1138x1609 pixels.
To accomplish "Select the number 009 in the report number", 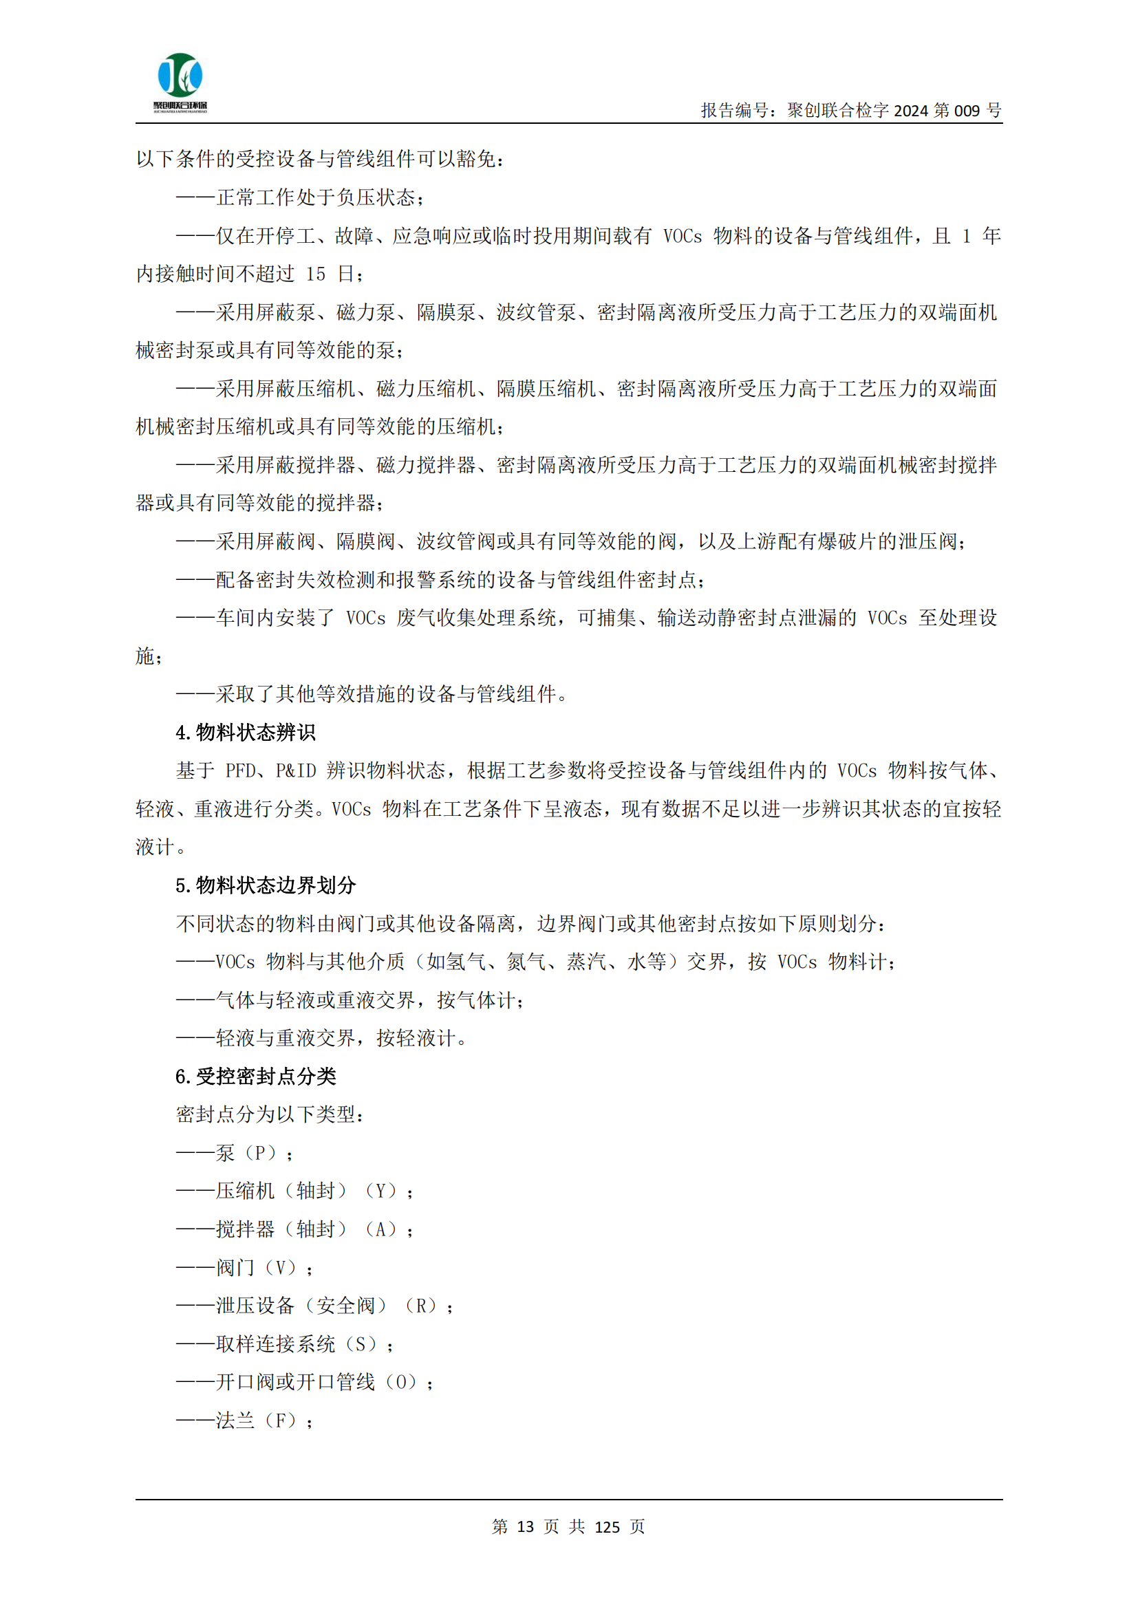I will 966,111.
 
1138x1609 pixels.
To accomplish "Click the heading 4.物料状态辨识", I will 245,733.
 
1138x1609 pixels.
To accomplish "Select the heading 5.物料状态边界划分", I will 266,885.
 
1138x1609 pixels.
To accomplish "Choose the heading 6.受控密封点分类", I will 256,1077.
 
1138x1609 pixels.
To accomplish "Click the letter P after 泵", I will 260,1153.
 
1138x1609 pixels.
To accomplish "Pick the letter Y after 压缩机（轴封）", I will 382,1191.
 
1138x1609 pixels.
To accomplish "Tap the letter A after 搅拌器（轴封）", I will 382,1229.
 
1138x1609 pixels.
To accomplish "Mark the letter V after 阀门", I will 280,1268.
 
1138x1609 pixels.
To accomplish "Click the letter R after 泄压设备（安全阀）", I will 421,1306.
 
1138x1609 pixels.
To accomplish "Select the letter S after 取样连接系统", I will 361,1344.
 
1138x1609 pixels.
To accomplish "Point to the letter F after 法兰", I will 280,1421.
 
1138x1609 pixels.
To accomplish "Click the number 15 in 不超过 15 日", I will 315,274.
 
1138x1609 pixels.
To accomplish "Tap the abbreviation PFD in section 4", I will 240,771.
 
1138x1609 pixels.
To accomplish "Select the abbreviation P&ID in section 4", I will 297,771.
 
